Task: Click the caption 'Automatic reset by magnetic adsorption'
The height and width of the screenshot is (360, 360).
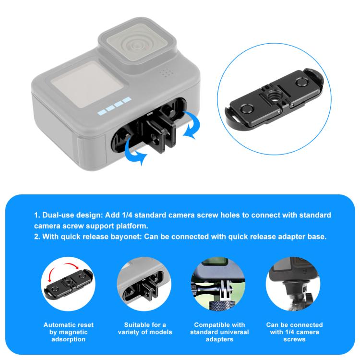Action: pos(68,332)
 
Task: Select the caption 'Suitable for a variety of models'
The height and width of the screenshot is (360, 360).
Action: pos(144,328)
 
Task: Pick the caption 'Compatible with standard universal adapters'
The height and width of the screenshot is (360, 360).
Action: pos(219,332)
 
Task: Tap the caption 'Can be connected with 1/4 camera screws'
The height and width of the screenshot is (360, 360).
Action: pos(294,332)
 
